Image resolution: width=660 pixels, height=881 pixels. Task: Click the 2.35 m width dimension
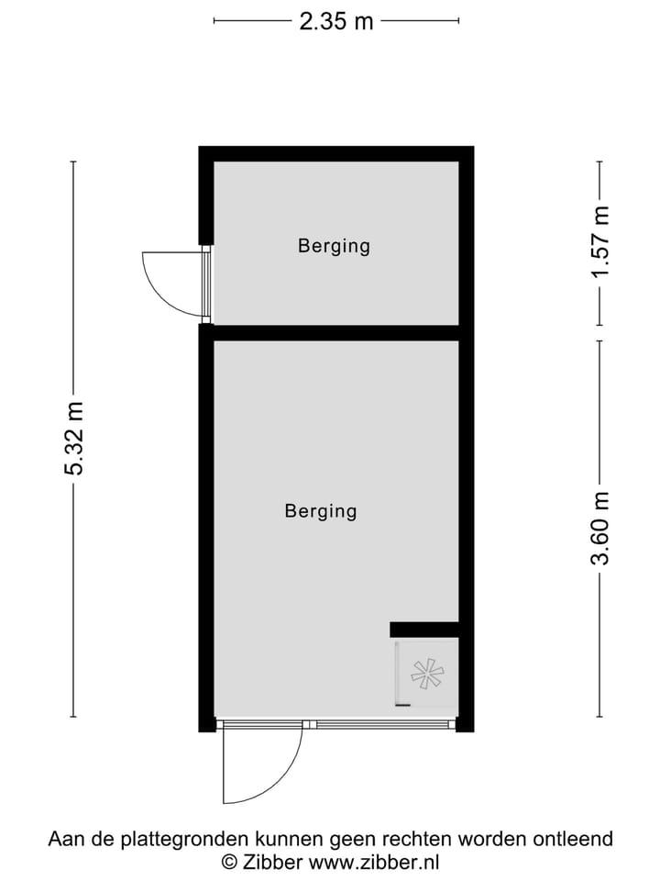pyautogui.click(x=336, y=20)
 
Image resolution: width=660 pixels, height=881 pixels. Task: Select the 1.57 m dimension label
pyautogui.click(x=599, y=243)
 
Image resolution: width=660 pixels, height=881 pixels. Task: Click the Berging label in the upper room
pyautogui.click(x=334, y=246)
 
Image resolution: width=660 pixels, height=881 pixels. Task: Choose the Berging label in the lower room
pyautogui.click(x=321, y=511)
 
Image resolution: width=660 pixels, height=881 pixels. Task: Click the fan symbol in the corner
pyautogui.click(x=426, y=675)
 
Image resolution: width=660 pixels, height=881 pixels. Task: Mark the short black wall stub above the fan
pyautogui.click(x=423, y=629)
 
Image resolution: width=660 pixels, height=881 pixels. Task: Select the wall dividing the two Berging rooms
pyautogui.click(x=335, y=332)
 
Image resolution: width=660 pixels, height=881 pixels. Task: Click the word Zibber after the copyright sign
pyautogui.click(x=272, y=862)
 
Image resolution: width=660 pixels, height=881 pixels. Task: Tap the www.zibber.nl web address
pyautogui.click(x=374, y=862)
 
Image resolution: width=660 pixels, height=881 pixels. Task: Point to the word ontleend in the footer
pyautogui.click(x=576, y=839)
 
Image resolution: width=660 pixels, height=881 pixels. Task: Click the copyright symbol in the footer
pyautogui.click(x=229, y=862)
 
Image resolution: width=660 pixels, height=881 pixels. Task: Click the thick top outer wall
pyautogui.click(x=335, y=153)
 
